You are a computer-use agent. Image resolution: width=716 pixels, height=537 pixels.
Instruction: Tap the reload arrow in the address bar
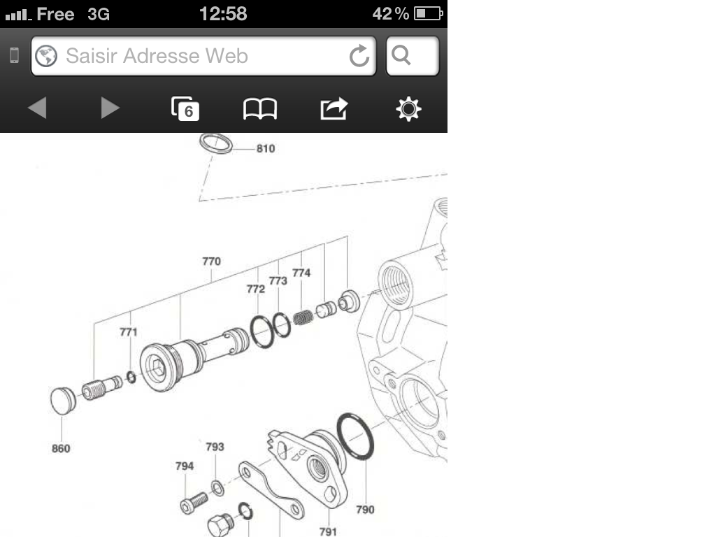click(x=359, y=56)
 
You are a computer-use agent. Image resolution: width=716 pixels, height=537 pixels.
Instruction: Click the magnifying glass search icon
click(x=401, y=55)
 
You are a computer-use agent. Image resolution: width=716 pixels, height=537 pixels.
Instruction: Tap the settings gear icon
click(x=408, y=108)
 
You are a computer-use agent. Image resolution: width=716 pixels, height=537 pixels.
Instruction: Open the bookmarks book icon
click(x=260, y=108)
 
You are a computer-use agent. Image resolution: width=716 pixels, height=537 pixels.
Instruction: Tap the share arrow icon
click(x=334, y=108)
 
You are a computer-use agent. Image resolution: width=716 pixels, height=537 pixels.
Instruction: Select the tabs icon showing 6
click(x=185, y=108)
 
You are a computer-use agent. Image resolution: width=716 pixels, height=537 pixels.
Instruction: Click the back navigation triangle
click(x=38, y=108)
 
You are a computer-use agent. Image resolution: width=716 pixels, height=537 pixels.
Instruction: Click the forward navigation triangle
click(x=110, y=108)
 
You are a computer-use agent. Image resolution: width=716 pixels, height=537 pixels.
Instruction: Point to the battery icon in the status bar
click(x=429, y=13)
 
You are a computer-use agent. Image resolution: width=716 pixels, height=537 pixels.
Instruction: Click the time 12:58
click(x=223, y=14)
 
